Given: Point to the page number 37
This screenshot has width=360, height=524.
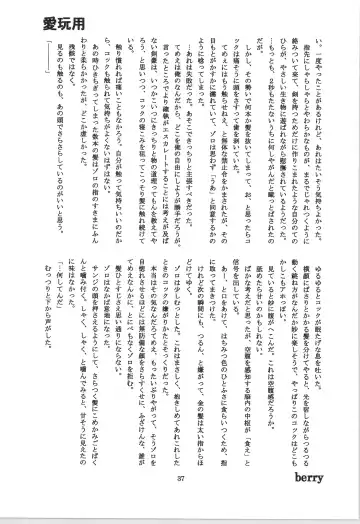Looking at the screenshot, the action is click(181, 503).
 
